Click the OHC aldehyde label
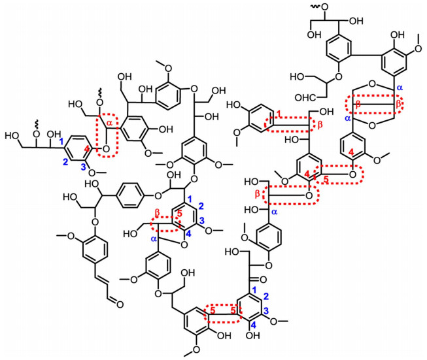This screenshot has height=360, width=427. pyautogui.click(x=305, y=97)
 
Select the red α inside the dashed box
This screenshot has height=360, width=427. pyautogui.click(x=109, y=123)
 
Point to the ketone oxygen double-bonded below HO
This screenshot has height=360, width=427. pyautogui.click(x=263, y=280)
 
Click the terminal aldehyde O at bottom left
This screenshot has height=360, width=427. pyautogui.click(x=120, y=304)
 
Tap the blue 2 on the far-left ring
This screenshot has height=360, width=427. pyautogui.click(x=65, y=163)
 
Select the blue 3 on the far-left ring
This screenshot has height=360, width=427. pyautogui.click(x=84, y=167)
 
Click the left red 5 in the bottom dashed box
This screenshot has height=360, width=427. pyautogui.click(x=213, y=310)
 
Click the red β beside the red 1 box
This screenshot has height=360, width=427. pyautogui.click(x=320, y=125)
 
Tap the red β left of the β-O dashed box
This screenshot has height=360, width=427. pyautogui.click(x=257, y=194)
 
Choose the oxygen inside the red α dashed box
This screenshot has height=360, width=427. pyautogui.click(x=106, y=148)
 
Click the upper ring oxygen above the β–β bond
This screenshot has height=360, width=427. pyautogui.click(x=373, y=83)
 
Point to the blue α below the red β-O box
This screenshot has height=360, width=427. pyautogui.click(x=275, y=212)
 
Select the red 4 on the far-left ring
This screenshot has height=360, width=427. pyautogui.click(x=86, y=148)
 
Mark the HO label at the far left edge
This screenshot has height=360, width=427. pyautogui.click(x=12, y=135)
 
